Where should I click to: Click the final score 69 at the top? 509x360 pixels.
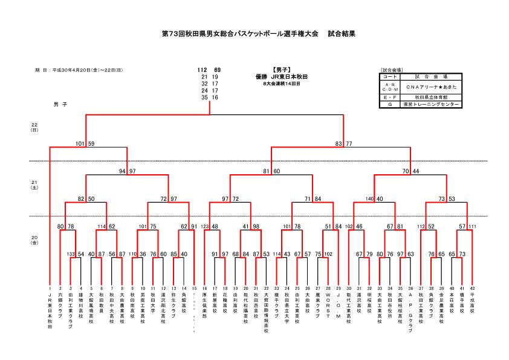216,70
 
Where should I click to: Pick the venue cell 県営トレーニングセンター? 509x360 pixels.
430,104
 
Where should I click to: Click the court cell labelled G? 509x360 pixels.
390,104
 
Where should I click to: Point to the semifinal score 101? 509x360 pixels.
80,143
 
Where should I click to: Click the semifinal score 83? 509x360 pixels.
339,143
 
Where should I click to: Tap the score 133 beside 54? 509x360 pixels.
71,254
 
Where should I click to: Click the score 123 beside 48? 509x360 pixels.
204,226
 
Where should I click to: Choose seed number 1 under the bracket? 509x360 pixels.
50,289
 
